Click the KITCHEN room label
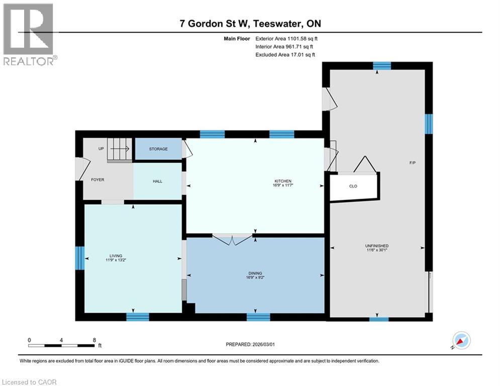click(x=282, y=181)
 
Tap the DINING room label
click(x=255, y=273)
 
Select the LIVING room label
click(x=116, y=255)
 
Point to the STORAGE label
click(x=158, y=149)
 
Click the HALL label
click(x=157, y=181)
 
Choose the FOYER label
click(x=97, y=179)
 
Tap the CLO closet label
click(x=353, y=186)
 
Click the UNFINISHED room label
click(x=376, y=246)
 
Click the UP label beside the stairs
click(x=101, y=149)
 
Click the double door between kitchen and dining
click(x=232, y=239)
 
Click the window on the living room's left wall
click(x=79, y=258)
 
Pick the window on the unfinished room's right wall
click(x=429, y=124)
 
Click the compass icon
click(x=460, y=340)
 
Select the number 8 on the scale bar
click(x=94, y=340)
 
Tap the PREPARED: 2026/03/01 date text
click(x=250, y=345)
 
